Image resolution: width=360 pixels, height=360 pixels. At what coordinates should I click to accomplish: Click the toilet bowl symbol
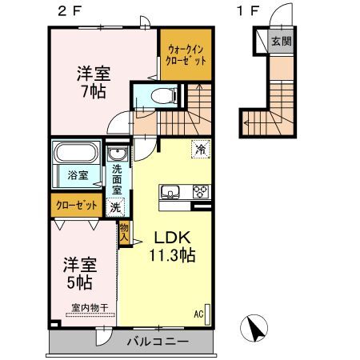pos(162,95)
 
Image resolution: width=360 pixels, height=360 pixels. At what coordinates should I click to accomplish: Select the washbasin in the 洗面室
pos(118,154)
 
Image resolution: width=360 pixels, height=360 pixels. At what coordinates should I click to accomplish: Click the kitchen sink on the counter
pos(170,192)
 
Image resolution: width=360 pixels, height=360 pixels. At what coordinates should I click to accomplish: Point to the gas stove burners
pos(201,191)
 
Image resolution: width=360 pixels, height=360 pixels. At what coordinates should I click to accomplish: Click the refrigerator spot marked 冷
pos(201,149)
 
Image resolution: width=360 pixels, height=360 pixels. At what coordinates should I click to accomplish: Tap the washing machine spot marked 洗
pos(115,207)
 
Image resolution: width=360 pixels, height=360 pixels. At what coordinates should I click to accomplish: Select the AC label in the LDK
pos(198,314)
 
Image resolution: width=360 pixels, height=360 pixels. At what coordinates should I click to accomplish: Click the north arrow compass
pos(254,328)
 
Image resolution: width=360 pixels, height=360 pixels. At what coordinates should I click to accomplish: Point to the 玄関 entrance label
pos(282,41)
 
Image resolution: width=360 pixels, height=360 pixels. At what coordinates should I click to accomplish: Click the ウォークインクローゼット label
pos(186,55)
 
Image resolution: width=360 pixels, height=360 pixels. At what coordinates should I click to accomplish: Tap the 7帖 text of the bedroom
pos(94,92)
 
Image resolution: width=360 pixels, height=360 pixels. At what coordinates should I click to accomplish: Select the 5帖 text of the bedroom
pos(79,282)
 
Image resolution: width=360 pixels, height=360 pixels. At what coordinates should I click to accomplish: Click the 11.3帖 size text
pos(172,255)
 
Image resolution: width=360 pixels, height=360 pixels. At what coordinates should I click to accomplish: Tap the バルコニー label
pos(158,342)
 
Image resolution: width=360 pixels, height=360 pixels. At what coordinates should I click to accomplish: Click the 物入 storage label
pos(124,232)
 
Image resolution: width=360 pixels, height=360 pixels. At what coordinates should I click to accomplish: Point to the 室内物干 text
pos(90,308)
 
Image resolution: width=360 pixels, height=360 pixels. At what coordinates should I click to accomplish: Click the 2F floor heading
pos(69,11)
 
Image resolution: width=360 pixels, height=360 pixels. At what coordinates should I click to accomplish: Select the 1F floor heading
pos(248,11)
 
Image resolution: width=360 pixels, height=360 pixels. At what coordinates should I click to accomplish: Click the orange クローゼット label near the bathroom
pos(77,206)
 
